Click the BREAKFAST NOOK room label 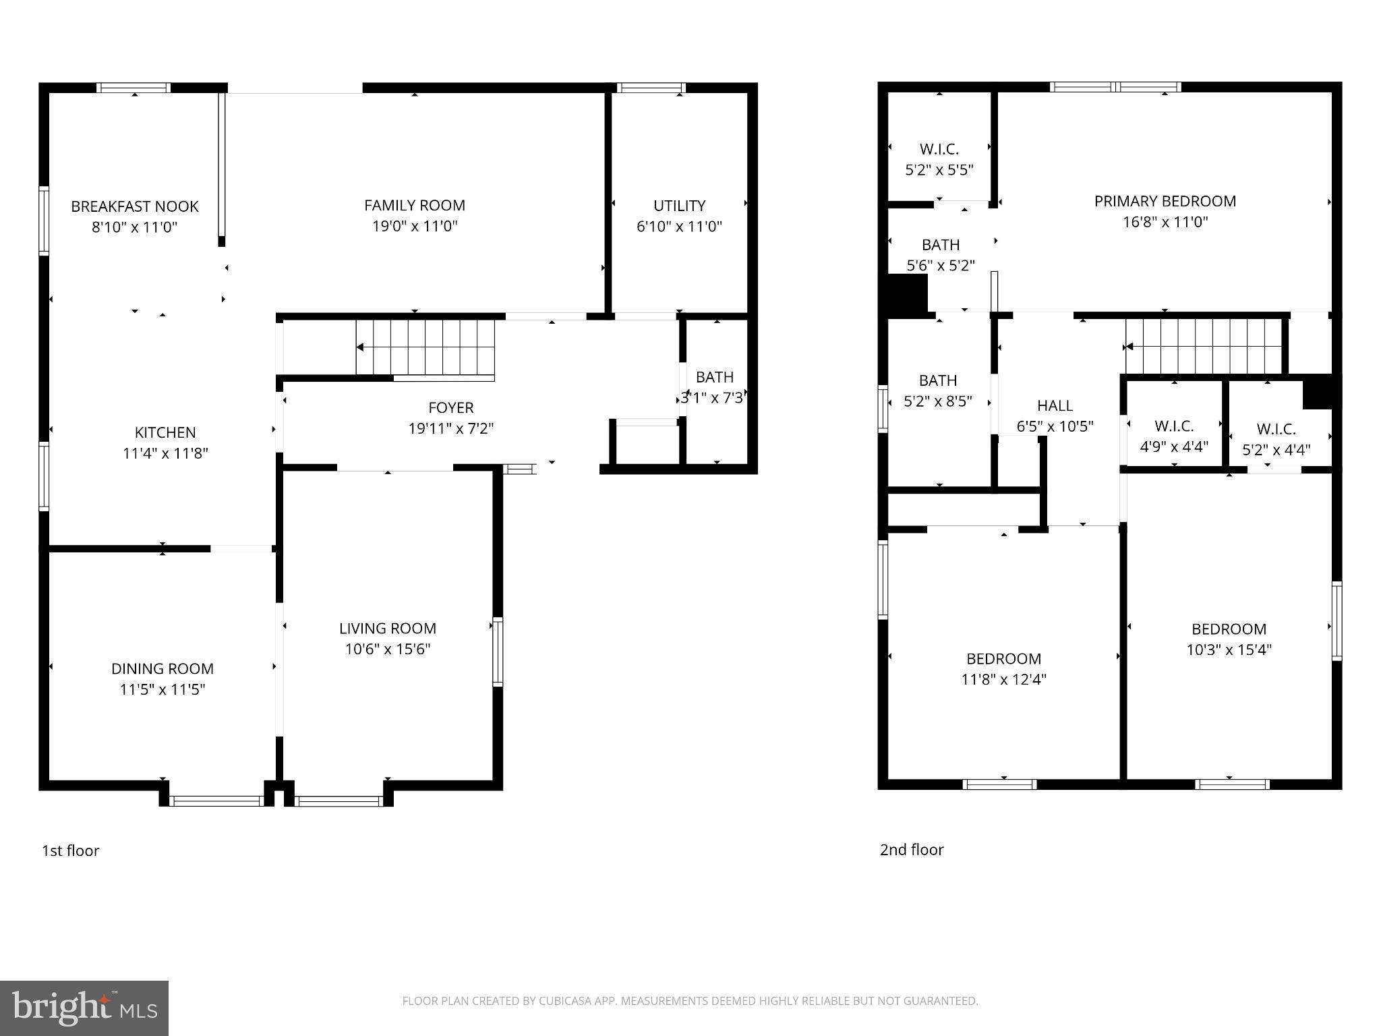pyautogui.click(x=135, y=206)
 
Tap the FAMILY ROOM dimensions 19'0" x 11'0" pyautogui.click(x=415, y=227)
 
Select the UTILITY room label pyautogui.click(x=679, y=206)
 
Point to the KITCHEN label pyautogui.click(x=165, y=432)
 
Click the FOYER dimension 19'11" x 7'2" pyautogui.click(x=450, y=428)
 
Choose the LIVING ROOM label pyautogui.click(x=387, y=628)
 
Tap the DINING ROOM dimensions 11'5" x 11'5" pyautogui.click(x=162, y=689)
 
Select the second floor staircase pyautogui.click(x=1204, y=347)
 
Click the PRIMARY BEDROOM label pyautogui.click(x=1165, y=201)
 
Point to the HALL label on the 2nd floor pyautogui.click(x=1055, y=405)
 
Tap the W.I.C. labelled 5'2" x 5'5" pyautogui.click(x=939, y=159)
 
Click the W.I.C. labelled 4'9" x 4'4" pyautogui.click(x=1174, y=436)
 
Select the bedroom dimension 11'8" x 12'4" pyautogui.click(x=1003, y=679)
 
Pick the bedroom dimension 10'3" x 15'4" pyautogui.click(x=1229, y=650)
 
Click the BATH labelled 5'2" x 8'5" pyautogui.click(x=937, y=391)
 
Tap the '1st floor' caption pyautogui.click(x=70, y=851)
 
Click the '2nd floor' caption pyautogui.click(x=911, y=850)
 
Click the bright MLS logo pyautogui.click(x=84, y=1008)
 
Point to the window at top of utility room pyautogui.click(x=651, y=88)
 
